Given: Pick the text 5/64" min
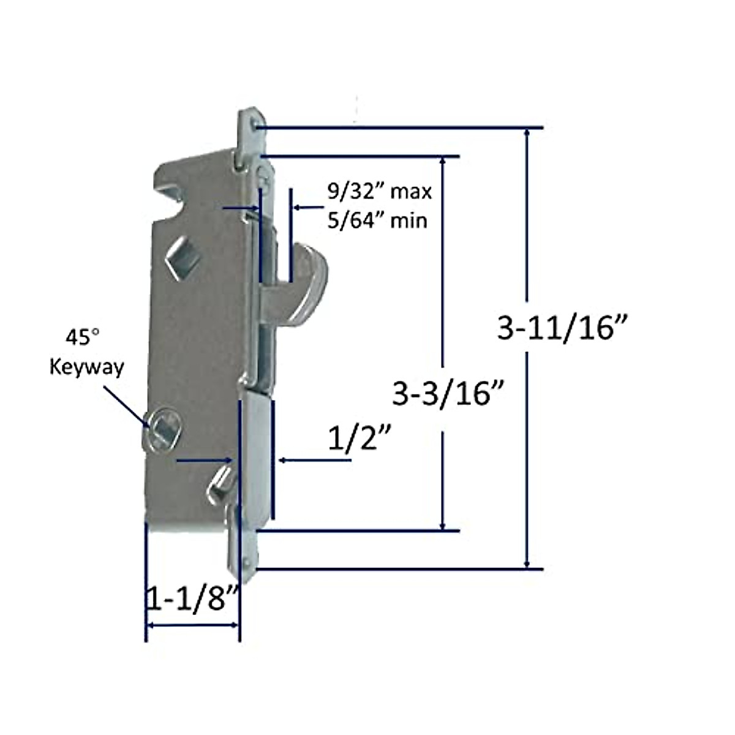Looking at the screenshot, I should tap(377, 220).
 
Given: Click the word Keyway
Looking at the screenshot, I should tap(86, 366).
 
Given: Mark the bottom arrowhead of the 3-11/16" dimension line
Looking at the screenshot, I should tap(526, 563).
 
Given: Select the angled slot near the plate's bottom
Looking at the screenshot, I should tap(221, 481).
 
